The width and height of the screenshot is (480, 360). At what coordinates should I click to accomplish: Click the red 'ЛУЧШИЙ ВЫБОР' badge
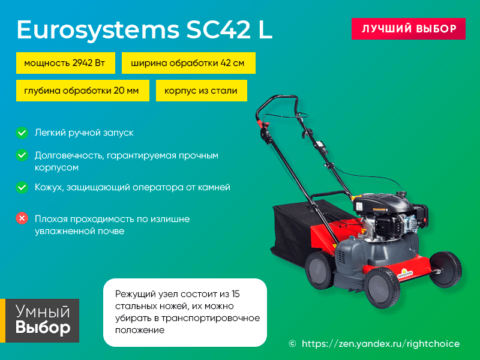(x=409, y=29)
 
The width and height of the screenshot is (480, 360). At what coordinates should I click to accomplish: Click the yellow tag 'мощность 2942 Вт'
(x=65, y=63)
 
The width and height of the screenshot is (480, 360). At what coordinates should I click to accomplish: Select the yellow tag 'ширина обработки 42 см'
(x=188, y=63)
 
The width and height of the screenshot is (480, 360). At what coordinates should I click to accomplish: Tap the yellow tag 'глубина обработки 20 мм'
(x=83, y=91)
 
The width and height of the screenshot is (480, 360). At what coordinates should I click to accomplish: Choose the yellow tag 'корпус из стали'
(x=202, y=91)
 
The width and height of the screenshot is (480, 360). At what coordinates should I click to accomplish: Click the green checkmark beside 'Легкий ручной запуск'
(x=22, y=133)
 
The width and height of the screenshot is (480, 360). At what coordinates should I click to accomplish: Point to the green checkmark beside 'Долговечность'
(x=22, y=155)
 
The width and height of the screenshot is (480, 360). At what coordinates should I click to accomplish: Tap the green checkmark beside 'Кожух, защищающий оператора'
(x=22, y=187)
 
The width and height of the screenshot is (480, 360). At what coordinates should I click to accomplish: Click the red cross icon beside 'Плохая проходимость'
(x=22, y=218)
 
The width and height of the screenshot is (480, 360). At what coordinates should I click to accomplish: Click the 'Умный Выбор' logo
(x=40, y=320)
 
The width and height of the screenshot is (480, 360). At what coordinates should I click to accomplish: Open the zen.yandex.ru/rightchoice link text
(x=380, y=344)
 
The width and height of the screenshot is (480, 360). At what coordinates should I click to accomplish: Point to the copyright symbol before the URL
(x=292, y=344)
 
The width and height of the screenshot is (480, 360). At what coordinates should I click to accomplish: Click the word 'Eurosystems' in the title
(x=98, y=30)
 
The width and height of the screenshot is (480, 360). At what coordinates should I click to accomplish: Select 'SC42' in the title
(x=218, y=29)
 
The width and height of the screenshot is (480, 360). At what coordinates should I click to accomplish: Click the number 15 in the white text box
(x=235, y=294)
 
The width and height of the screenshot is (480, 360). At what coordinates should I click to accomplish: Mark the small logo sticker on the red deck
(x=406, y=274)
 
